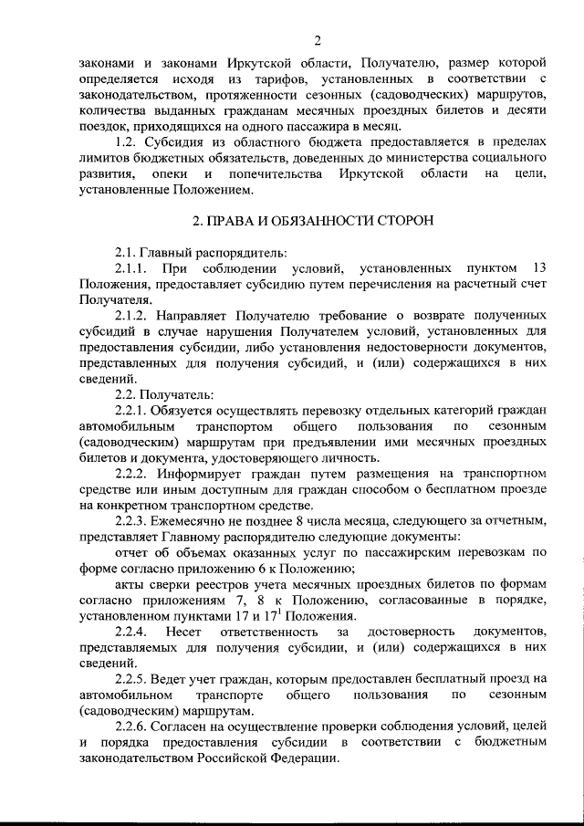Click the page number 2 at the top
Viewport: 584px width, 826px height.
[x=318, y=39]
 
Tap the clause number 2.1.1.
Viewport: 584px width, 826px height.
[x=133, y=268]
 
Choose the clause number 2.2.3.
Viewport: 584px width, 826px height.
[x=133, y=520]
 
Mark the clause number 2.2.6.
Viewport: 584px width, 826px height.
[x=133, y=725]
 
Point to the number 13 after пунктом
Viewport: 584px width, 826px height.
[x=537, y=268]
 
